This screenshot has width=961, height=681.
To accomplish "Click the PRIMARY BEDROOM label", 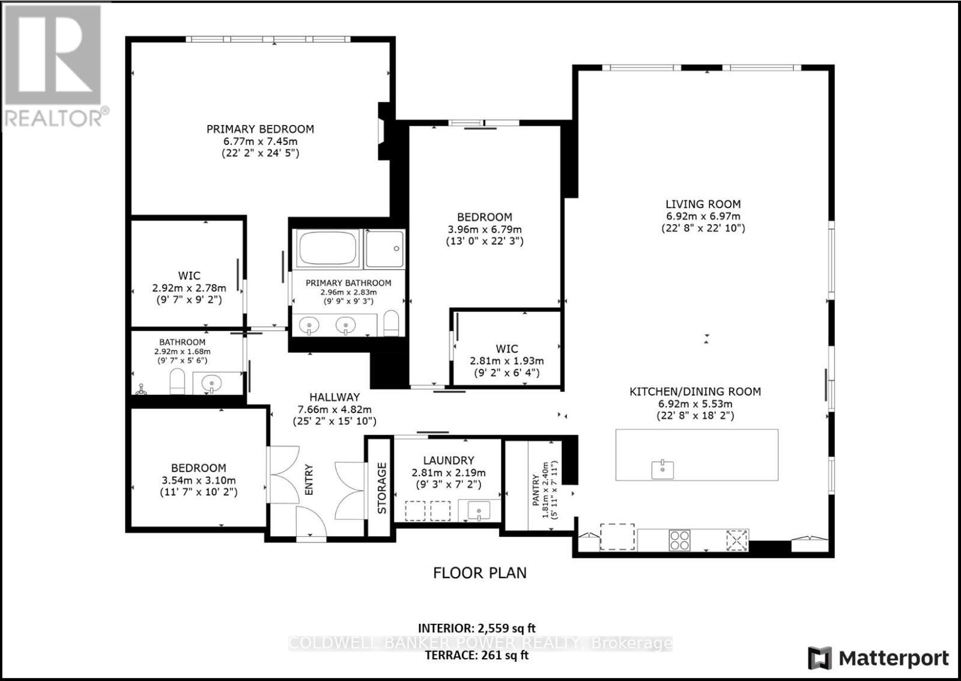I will (x=260, y=129).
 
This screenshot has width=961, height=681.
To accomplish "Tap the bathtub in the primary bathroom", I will (x=327, y=249).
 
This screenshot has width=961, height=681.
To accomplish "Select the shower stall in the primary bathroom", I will (x=384, y=249).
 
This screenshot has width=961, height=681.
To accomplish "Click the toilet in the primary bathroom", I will (x=391, y=323).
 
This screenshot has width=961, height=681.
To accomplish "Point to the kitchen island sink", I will (x=662, y=469).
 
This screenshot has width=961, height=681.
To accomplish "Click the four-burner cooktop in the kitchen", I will (x=680, y=539).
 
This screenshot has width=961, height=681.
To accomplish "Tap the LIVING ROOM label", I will (x=703, y=204).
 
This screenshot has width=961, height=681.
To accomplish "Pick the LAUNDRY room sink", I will (x=479, y=511).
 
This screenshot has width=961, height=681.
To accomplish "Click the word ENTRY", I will (x=309, y=479).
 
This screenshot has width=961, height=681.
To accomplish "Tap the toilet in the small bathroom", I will (x=177, y=382).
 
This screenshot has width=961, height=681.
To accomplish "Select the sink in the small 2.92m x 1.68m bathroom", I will (x=211, y=383).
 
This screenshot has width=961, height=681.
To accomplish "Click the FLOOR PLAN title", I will (x=479, y=573).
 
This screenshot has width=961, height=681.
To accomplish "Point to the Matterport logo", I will (x=879, y=658).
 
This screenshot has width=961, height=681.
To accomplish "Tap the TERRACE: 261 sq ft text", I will (x=476, y=655).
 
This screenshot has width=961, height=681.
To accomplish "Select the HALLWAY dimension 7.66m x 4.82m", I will (x=335, y=409).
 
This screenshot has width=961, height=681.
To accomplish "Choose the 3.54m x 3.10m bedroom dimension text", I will (x=199, y=480).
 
